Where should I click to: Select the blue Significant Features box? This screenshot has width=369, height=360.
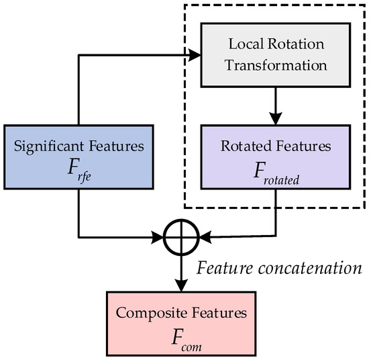point(78,155)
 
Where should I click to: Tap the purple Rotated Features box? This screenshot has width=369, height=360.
point(276,155)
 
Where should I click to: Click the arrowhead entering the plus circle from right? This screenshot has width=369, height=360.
point(202,236)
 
